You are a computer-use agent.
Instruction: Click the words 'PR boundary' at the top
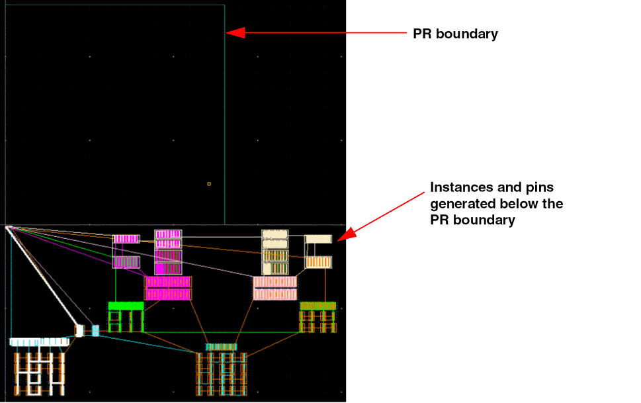click(455, 34)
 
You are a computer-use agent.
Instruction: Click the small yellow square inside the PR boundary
click(209, 184)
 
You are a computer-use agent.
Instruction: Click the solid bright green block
click(126, 306)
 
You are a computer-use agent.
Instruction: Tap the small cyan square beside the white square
click(95, 330)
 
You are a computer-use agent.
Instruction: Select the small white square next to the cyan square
click(79, 330)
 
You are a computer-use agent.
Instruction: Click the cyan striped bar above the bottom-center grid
click(221, 347)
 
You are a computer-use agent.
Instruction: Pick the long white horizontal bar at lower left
click(40, 341)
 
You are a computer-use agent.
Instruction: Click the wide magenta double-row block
click(168, 288)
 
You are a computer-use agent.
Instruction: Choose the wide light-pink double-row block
click(275, 288)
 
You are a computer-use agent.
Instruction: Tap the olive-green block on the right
click(318, 306)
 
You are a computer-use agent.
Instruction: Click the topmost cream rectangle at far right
click(318, 239)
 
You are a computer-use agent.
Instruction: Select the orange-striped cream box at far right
click(318, 263)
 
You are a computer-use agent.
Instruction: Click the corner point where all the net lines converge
click(7, 228)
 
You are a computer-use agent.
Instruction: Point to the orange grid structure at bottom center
click(221, 374)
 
